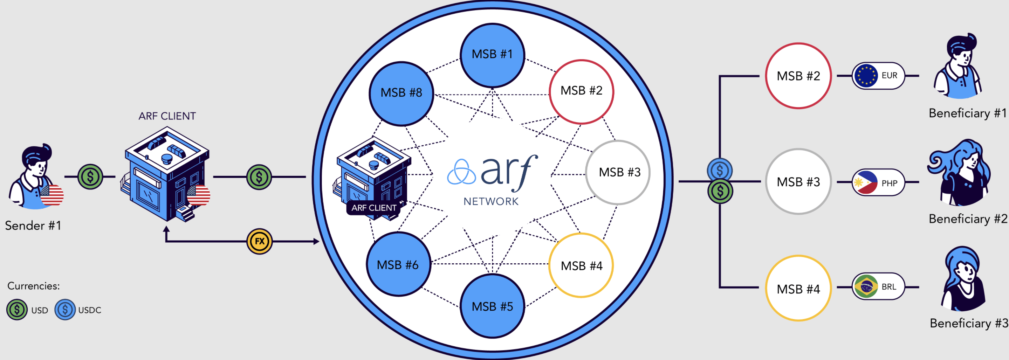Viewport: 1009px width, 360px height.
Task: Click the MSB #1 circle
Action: pos(492,55)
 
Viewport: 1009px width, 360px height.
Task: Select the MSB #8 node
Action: pos(401,93)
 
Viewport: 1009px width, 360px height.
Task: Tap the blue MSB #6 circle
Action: pos(398,264)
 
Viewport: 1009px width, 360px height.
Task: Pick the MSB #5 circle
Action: pos(492,306)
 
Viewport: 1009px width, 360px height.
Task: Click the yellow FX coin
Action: pos(259,241)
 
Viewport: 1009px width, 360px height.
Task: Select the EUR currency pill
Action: pos(878,76)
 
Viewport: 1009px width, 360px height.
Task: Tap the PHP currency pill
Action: pos(878,182)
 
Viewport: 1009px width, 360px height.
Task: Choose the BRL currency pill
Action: pos(878,286)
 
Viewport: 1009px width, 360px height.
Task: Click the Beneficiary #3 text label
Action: pos(968,323)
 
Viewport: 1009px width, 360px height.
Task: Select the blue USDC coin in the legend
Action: pos(65,310)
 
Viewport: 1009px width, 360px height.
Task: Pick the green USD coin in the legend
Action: pos(17,310)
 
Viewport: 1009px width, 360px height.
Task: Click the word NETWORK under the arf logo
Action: pos(491,201)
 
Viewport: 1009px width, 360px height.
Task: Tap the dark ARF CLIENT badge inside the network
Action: pos(374,208)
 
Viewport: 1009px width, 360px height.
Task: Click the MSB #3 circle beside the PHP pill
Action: pos(798,182)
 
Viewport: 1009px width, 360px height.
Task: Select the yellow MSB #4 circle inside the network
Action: pos(581,265)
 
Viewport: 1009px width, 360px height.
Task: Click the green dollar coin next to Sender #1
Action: pos(90,176)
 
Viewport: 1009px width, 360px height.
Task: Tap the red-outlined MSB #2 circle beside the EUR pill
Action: pos(798,76)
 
